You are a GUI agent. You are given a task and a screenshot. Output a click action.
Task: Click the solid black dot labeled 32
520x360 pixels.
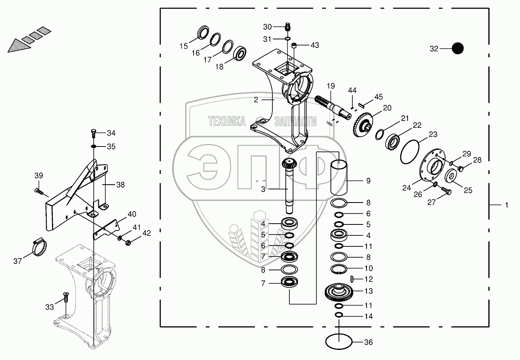pos(457,49)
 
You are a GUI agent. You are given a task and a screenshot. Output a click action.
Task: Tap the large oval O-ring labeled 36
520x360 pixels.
pos(339,341)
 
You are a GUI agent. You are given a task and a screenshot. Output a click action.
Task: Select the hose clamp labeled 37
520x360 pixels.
pos(39,247)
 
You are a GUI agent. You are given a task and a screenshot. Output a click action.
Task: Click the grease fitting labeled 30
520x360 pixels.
pos(288,27)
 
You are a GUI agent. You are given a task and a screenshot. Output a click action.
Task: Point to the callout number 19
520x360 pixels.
pos(331,86)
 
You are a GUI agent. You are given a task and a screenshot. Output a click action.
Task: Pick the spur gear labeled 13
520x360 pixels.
pos(339,292)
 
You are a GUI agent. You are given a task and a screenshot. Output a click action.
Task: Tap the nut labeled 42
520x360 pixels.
pos(128,243)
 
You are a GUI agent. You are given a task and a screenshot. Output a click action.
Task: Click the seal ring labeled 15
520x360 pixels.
pos(203,32)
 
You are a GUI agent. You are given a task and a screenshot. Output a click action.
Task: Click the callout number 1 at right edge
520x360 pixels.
pos(507,205)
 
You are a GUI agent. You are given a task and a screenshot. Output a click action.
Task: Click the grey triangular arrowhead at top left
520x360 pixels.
pos(19,45)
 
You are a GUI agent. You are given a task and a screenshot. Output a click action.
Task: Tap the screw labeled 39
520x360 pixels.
pos(39,192)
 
